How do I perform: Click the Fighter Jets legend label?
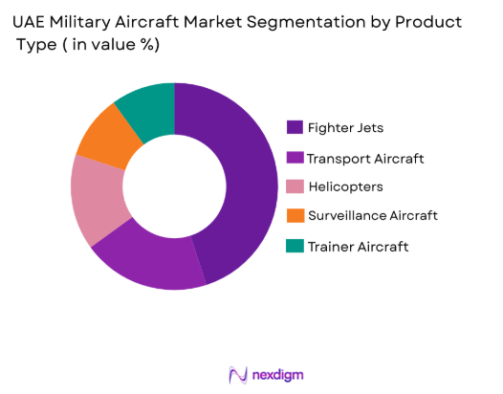pyautogui.click(x=344, y=127)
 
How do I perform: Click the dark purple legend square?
pyautogui.click(x=294, y=127)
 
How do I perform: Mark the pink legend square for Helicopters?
pyautogui.click(x=294, y=186)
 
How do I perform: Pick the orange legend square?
pyautogui.click(x=294, y=216)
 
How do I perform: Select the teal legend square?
pyautogui.click(x=294, y=246)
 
